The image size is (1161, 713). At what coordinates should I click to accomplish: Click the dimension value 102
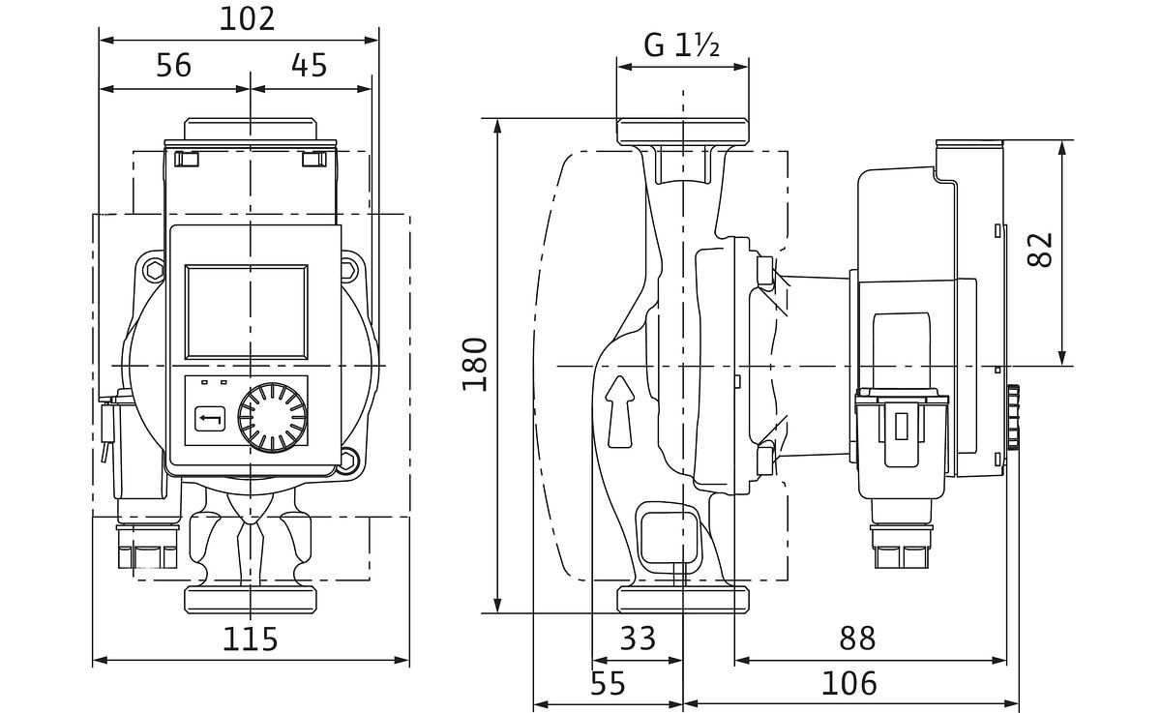pos(247,17)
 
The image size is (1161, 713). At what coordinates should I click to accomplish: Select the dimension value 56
pos(174,65)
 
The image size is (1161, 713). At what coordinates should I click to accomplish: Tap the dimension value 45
pos(309,65)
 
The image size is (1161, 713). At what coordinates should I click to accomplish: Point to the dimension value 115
pos(250,639)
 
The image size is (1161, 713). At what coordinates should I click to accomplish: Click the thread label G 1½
pos(682,45)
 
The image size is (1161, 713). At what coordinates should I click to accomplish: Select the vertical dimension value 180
pos(474,365)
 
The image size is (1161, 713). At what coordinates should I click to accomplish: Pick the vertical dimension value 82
pos(1039,250)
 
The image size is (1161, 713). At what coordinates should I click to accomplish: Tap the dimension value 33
pos(637,639)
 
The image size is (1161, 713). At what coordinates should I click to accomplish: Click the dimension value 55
pos(608,684)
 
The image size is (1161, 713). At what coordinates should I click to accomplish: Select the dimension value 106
pos(848,684)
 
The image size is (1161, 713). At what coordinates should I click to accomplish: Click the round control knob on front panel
pos(273,419)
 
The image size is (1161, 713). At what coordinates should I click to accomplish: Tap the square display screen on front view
pos(247,311)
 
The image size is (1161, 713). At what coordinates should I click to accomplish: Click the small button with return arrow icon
pos(211,420)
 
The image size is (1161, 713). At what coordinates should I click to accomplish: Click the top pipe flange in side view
pos(682,131)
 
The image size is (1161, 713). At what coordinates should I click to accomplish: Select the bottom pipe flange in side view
pos(682,599)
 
